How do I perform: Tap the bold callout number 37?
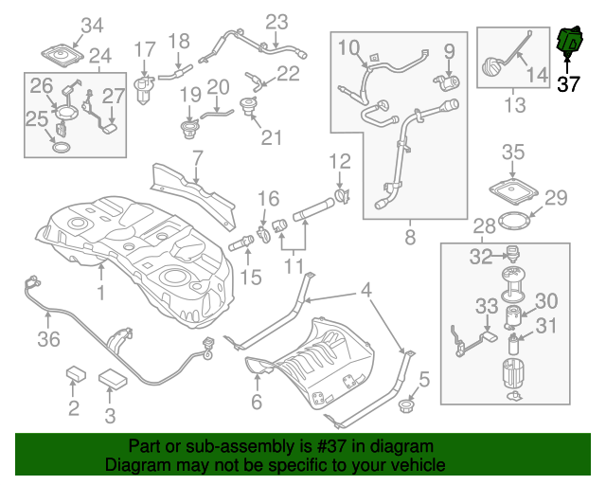568,84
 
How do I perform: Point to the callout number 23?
276,22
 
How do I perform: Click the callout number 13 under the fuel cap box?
514,105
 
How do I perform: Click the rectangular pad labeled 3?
115,376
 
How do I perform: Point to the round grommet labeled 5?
410,406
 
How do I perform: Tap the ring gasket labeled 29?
512,222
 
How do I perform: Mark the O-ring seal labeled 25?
60,148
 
